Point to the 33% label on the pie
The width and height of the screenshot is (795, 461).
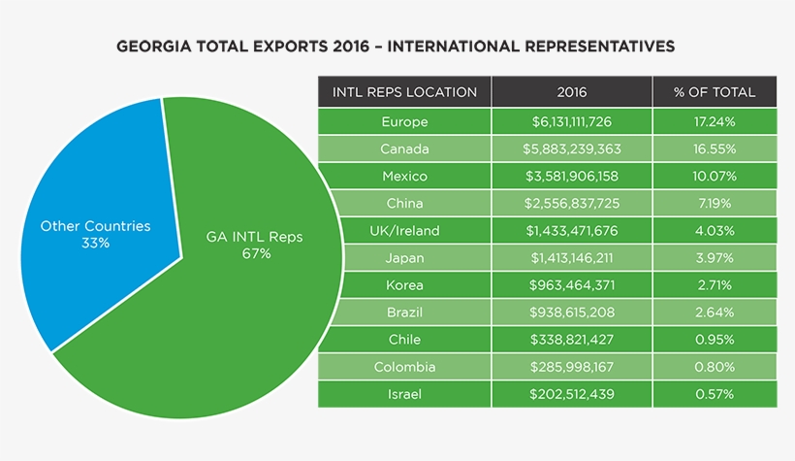(95, 243)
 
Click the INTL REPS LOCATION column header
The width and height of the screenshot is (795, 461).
(404, 92)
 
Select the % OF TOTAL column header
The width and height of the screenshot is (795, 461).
(715, 92)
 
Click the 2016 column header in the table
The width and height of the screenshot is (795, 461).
(571, 92)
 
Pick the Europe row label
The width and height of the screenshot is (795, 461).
(404, 122)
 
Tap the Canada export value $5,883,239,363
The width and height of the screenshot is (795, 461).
(571, 149)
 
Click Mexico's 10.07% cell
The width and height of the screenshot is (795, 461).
(715, 177)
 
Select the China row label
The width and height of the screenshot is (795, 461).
(404, 204)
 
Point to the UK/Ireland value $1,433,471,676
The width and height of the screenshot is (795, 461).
(571, 231)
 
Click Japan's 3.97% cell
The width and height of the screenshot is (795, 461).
(715, 258)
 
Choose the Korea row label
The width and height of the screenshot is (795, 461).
(404, 285)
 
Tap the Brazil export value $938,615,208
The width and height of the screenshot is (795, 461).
(571, 313)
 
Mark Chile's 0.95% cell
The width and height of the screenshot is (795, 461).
(715, 340)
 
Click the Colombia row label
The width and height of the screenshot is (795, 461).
(404, 367)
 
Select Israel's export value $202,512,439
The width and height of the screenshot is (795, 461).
(571, 394)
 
